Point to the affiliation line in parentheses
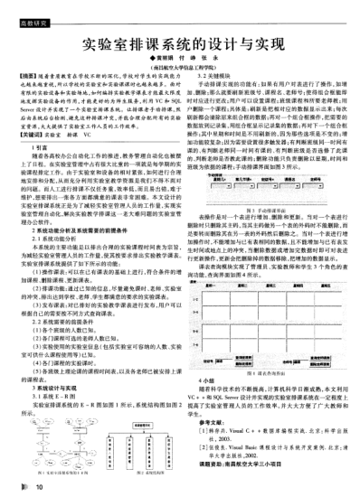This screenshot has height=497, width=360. click(x=180, y=75)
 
